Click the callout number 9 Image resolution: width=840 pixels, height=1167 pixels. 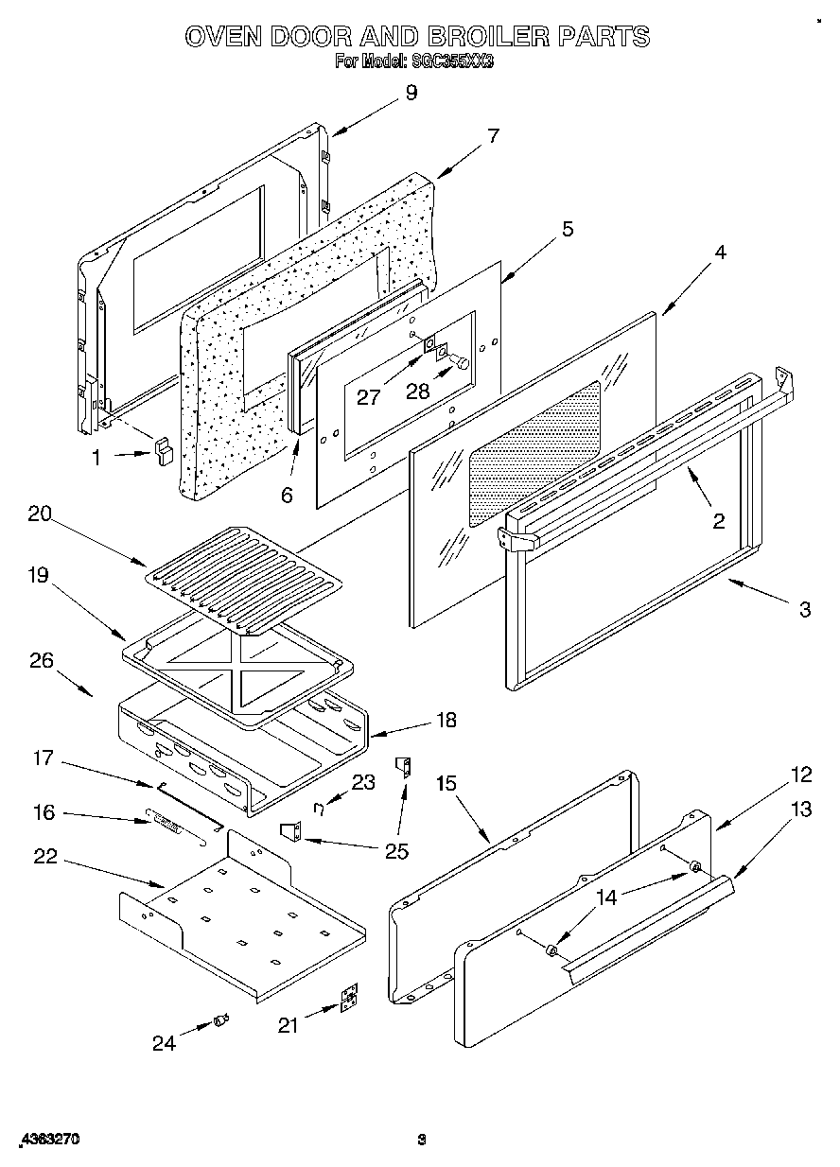tap(411, 93)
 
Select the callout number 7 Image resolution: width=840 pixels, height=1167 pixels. tap(493, 134)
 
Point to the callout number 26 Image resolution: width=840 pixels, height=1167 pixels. tap(42, 661)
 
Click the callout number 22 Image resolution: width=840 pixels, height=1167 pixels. tap(44, 857)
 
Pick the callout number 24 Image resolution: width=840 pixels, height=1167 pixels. tap(165, 1043)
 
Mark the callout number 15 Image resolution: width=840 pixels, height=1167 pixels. tap(446, 783)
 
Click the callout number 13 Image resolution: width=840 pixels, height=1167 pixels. tap(801, 810)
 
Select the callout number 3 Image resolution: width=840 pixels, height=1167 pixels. tap(804, 611)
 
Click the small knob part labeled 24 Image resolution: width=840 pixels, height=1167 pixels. tap(221, 1019)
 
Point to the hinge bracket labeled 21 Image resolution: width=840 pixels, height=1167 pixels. tap(349, 999)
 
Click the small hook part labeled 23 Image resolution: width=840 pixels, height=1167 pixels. tap(322, 806)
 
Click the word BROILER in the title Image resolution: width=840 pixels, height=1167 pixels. tap(483, 37)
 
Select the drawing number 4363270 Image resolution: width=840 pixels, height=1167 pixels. tap(48, 1141)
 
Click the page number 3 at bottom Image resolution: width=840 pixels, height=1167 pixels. tap(422, 1141)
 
